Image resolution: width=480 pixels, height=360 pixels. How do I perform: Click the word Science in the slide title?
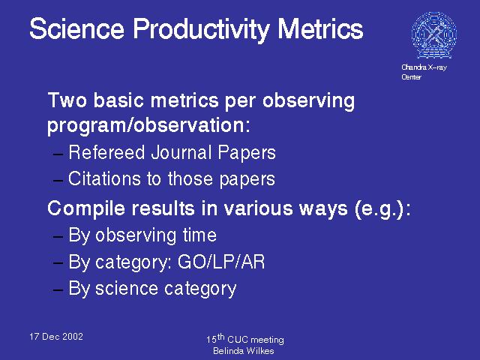(76, 28)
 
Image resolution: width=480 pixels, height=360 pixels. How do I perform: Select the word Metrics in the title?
(320, 28)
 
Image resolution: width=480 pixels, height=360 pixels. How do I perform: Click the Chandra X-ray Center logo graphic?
(434, 35)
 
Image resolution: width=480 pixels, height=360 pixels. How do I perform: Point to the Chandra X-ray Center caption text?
(424, 72)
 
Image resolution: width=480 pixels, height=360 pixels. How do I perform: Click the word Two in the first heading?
(67, 100)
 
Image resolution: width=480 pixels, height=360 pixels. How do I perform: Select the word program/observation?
(148, 125)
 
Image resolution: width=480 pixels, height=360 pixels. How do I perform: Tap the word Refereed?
(106, 152)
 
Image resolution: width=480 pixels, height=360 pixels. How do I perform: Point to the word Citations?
(105, 178)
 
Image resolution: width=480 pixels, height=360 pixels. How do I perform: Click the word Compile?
(86, 209)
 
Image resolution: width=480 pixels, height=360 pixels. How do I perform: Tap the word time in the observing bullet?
(199, 235)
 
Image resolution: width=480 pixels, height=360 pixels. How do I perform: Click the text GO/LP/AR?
(221, 262)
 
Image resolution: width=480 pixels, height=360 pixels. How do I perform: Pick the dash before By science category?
(58, 289)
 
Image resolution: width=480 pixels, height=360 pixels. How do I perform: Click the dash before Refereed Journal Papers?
(58, 154)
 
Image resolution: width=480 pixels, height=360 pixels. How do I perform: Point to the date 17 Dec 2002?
(56, 337)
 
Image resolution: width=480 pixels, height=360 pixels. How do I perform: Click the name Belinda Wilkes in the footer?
(243, 351)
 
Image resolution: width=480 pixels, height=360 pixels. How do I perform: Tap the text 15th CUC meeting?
(245, 339)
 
